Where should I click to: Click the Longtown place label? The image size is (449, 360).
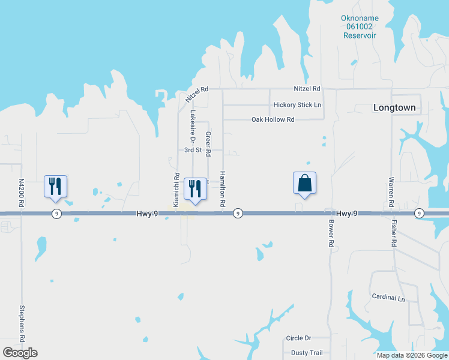(x=394, y=108)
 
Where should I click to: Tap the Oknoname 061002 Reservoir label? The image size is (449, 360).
(x=360, y=27)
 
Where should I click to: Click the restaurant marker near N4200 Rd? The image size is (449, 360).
(x=55, y=187)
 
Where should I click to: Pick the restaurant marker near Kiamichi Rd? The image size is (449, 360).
(x=194, y=190)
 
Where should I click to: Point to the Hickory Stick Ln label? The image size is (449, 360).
(x=297, y=105)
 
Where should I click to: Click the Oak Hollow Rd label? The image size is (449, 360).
(x=273, y=120)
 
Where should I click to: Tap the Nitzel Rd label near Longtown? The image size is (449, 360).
(x=307, y=89)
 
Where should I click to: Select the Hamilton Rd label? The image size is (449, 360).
(x=222, y=189)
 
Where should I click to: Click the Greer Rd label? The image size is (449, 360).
(x=208, y=145)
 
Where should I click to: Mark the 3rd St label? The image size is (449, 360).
(x=193, y=150)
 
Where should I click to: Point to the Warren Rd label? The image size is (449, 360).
(x=391, y=192)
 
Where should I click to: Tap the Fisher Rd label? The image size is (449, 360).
(x=394, y=234)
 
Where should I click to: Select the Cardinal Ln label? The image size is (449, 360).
(x=388, y=298)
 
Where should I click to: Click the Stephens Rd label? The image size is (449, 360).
(x=22, y=324)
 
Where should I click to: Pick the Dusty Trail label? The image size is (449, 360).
(x=307, y=353)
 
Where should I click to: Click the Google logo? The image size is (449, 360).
(x=20, y=353)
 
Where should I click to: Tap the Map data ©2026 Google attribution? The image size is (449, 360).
(x=411, y=355)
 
